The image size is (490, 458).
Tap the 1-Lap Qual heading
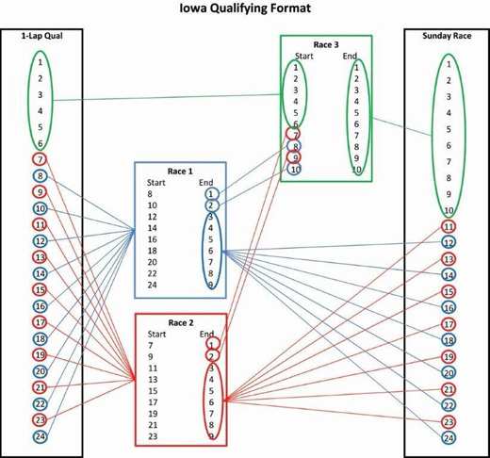(39, 36)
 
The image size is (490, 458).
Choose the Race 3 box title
(326, 43)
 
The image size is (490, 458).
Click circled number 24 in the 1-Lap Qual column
(40, 438)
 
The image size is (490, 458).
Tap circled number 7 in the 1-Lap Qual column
(40, 159)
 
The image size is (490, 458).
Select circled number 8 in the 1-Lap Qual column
(40, 175)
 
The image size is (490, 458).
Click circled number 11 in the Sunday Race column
(449, 226)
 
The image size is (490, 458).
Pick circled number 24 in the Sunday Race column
(449, 438)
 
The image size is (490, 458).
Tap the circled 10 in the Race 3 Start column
(295, 169)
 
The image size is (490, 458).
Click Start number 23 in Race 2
(153, 435)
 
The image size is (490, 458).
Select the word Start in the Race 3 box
(303, 55)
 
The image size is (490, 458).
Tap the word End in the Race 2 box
(208, 334)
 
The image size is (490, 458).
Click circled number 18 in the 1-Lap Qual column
(40, 338)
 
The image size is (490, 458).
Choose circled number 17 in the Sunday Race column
(449, 324)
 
